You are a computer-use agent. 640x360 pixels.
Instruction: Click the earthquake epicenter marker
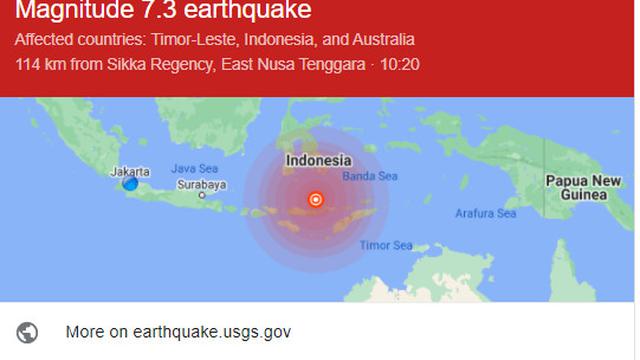click(316, 199)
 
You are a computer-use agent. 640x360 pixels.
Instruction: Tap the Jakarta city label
click(131, 171)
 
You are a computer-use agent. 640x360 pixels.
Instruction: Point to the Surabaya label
click(201, 184)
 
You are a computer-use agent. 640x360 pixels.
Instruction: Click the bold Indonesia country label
click(318, 160)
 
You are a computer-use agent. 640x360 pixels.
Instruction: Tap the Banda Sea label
click(370, 176)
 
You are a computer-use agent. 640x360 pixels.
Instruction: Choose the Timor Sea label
click(385, 245)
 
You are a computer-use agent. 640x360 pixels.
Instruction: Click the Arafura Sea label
click(485, 213)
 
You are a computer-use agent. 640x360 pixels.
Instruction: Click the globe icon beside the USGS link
click(28, 332)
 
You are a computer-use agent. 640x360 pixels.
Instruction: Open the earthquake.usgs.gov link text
click(177, 332)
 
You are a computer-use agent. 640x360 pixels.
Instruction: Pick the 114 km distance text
click(38, 64)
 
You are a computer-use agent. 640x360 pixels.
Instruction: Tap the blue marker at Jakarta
click(130, 184)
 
